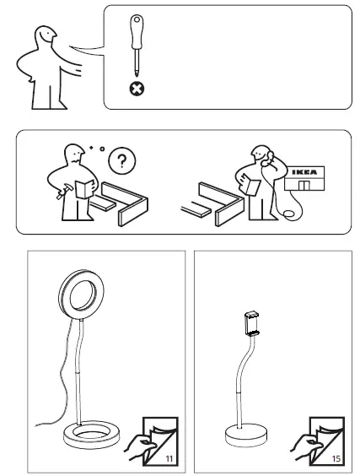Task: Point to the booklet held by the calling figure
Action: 250,185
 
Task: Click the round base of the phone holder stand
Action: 247,441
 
